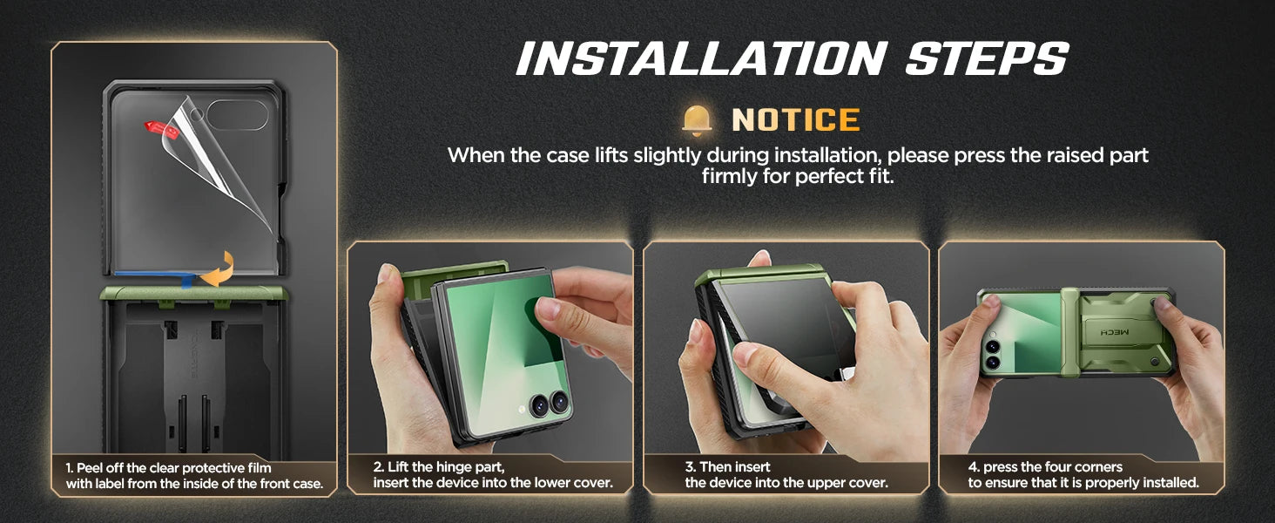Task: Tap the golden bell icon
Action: point(697,120)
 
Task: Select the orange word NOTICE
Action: point(795,120)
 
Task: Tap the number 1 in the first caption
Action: point(69,468)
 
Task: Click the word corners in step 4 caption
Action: point(1098,467)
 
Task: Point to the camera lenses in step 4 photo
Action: point(992,353)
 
